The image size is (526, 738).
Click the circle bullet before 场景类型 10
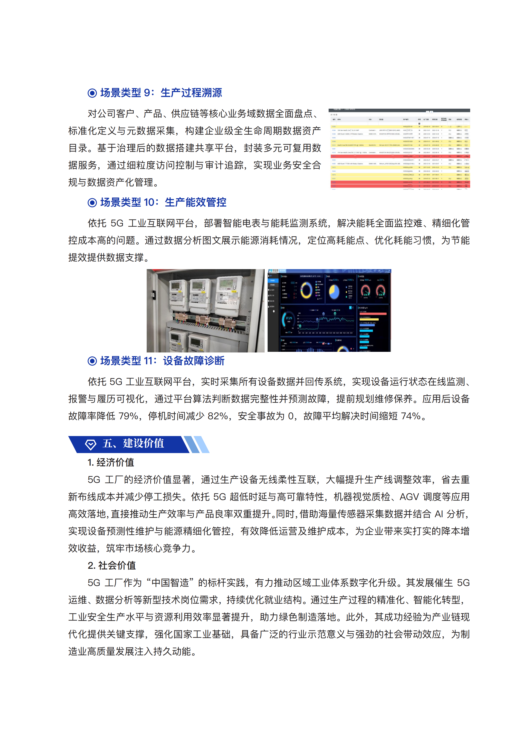point(92,203)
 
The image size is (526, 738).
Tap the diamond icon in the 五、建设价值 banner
point(91,444)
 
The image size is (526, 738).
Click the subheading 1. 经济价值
point(111,462)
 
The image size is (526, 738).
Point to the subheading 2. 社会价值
point(112,565)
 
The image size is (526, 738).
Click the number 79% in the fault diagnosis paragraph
point(129,416)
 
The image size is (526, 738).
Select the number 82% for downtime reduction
point(218,416)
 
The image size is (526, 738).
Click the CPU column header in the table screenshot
point(339,119)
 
